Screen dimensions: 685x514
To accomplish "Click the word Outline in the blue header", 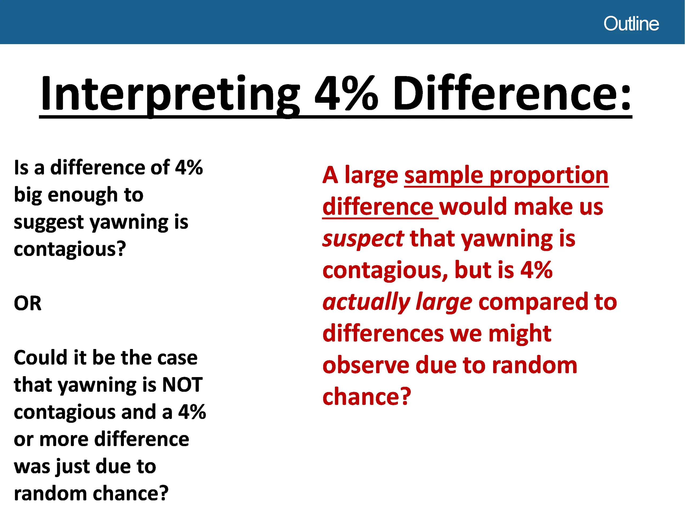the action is tap(631, 24).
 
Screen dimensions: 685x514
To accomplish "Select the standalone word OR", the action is tap(28, 304).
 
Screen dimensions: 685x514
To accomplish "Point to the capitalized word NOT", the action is tap(182, 385).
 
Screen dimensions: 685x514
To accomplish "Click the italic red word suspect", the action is tap(363, 239).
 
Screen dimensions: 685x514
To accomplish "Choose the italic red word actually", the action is tap(366, 303).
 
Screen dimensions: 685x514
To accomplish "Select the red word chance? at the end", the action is tap(367, 396).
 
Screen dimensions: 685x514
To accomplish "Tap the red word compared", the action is tap(533, 303).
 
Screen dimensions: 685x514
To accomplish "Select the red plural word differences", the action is tap(383, 333).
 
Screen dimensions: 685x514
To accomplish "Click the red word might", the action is tap(520, 333).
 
